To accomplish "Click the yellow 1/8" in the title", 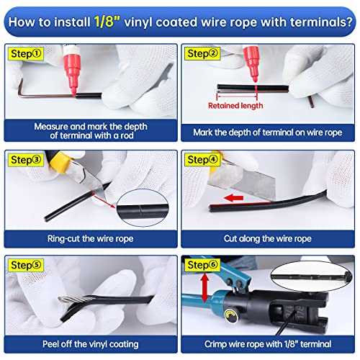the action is click(107, 22).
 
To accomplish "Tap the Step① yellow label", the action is click(26, 54).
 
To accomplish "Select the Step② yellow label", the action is click(202, 53).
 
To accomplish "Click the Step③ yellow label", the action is click(26, 160).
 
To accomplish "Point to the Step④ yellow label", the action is click(202, 160).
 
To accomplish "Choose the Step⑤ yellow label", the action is click(26, 265).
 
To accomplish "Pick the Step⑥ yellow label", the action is click(202, 265).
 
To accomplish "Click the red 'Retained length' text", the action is click(235, 106).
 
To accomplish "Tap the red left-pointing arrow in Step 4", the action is click(233, 198).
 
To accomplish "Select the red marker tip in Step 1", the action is click(74, 91).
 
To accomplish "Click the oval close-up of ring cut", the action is click(143, 208).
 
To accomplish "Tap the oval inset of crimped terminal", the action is click(311, 276).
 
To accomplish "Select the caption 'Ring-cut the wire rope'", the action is click(91, 239).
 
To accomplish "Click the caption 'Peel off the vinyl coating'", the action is click(91, 344).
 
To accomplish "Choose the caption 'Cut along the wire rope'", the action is click(268, 239).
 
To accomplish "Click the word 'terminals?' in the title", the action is click(321, 22).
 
